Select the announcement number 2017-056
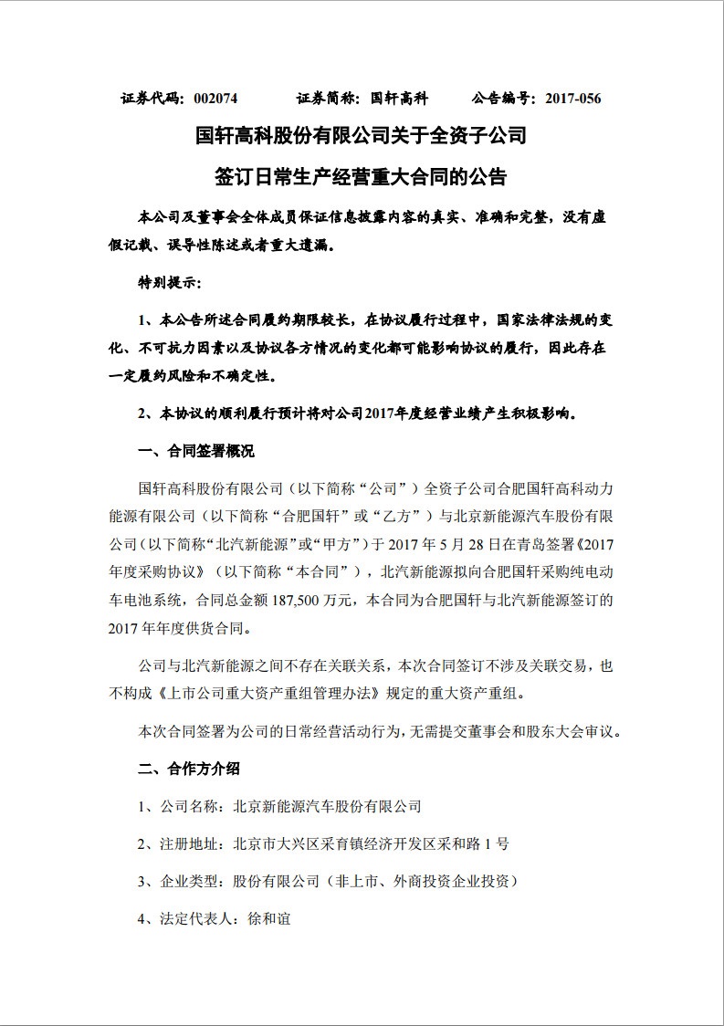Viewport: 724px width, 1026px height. pyautogui.click(x=573, y=98)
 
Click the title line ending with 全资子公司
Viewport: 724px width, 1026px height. pyautogui.click(x=362, y=137)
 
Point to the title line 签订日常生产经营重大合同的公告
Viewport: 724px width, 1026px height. pyautogui.click(x=362, y=176)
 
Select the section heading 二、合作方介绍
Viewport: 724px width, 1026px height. pyautogui.click(x=189, y=769)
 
